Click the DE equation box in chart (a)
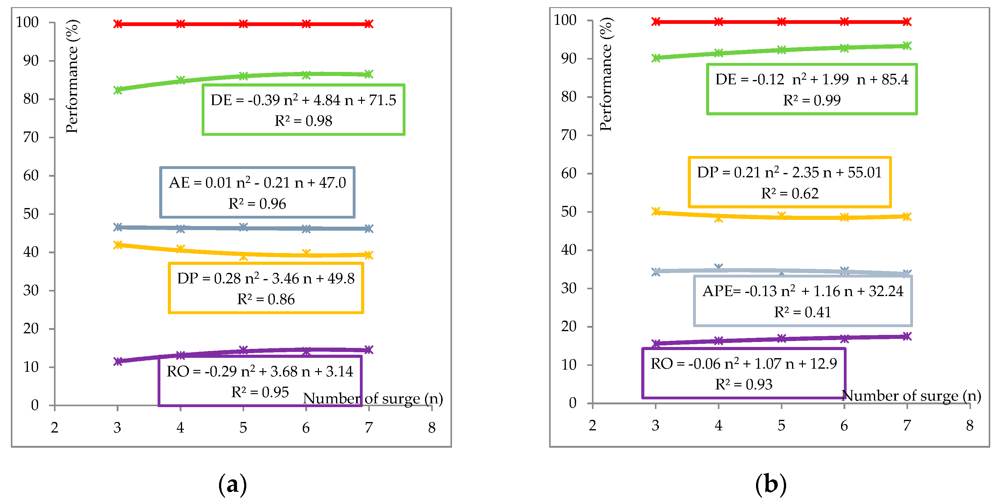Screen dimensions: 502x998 click(303, 110)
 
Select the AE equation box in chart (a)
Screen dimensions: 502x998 click(257, 193)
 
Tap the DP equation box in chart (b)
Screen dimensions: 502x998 click(790, 182)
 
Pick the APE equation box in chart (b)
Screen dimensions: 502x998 click(803, 301)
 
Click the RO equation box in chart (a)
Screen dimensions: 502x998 click(260, 381)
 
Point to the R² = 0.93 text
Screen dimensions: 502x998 click(744, 384)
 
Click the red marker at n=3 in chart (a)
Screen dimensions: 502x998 click(118, 24)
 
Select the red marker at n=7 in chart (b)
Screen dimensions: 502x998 click(907, 22)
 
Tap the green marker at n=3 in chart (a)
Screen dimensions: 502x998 click(118, 90)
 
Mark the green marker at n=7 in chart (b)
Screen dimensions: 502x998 click(907, 46)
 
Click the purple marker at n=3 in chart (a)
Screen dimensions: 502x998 click(118, 362)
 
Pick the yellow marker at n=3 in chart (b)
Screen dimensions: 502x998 click(656, 211)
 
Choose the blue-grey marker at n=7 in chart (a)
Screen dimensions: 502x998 click(369, 229)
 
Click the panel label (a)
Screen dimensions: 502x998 click(232, 485)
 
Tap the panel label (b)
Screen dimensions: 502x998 click(771, 485)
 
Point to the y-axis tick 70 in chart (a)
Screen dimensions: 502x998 click(31, 137)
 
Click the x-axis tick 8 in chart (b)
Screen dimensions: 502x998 click(969, 425)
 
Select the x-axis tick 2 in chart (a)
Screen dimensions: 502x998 click(55, 428)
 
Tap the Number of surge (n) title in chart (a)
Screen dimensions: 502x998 click(373, 398)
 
